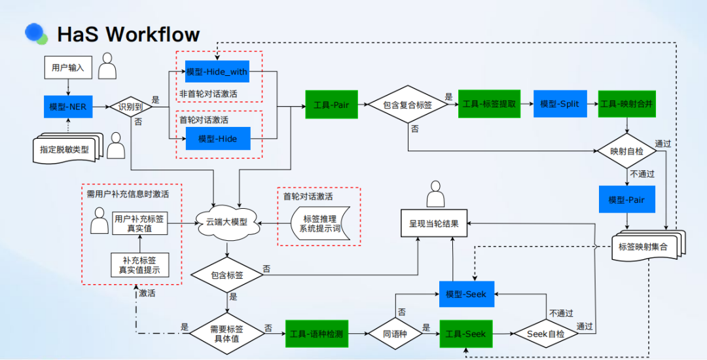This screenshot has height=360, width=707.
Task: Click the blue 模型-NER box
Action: pos(68,107)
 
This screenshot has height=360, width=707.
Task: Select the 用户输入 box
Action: pos(68,68)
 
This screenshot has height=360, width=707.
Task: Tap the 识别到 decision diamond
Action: pos(131,107)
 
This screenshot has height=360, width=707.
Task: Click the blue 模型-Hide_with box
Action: pos(217,71)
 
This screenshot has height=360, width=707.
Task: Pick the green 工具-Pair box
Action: pos(331,105)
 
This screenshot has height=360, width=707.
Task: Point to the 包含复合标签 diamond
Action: pos(408,105)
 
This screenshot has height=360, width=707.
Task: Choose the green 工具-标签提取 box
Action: pos(489,104)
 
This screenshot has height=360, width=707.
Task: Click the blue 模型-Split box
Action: pos(560,104)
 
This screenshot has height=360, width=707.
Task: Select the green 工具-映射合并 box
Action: pos(626,104)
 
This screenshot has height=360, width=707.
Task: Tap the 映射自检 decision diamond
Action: pos(626,151)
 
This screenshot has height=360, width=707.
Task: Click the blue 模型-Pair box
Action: pos(626,200)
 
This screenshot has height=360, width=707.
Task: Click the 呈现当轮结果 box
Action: pos(434,223)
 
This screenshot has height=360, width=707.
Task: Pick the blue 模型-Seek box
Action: pos(466,294)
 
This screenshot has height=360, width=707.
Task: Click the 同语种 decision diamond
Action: pos(395,334)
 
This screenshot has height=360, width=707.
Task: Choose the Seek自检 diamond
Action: pos(546,334)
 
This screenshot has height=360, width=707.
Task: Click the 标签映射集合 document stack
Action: pos(648,245)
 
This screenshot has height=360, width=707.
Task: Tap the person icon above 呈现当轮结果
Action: pos(435,194)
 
